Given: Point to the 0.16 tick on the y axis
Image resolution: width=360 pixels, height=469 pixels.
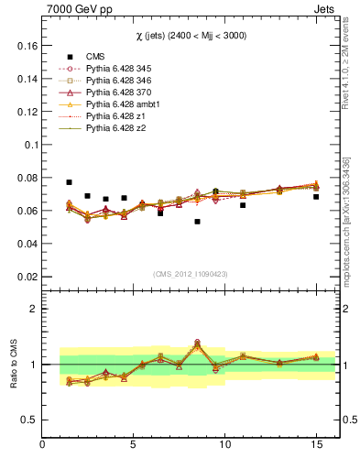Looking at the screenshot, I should [x=27, y=46].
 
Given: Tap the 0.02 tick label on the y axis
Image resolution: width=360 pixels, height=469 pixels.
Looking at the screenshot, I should [x=27, y=277].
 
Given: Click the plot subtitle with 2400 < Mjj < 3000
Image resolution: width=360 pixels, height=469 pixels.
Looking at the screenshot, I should [x=190, y=35].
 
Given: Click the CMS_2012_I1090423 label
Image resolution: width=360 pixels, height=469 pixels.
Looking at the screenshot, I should [x=190, y=273].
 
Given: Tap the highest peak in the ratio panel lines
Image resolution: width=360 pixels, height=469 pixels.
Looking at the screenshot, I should [x=197, y=344].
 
